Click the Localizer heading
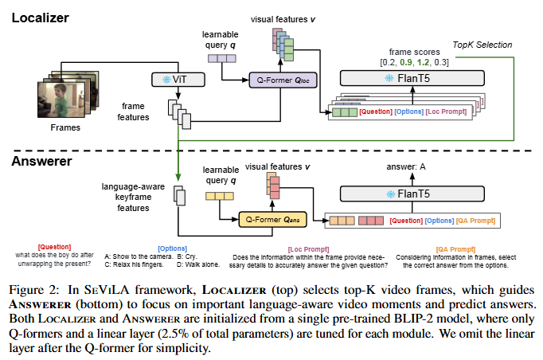(41, 17)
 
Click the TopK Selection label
(482, 45)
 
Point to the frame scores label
(416, 52)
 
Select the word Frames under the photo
(66, 127)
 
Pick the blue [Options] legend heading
(173, 248)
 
